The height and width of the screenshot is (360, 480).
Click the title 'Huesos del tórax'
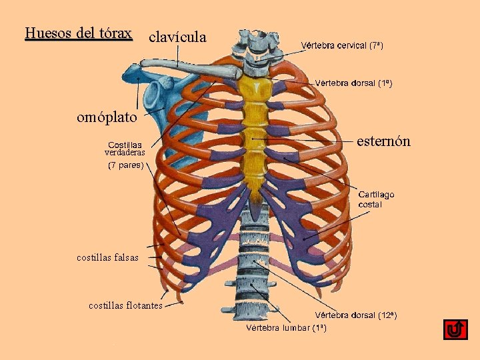pos(79,33)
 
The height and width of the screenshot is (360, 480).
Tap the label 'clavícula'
pos(177,36)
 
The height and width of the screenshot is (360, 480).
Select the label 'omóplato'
pos(107,117)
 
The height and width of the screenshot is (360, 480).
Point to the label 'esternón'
pos(383,141)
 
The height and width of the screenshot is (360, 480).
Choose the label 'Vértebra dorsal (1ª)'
pos(353,83)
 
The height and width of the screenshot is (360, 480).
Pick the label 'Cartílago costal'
pos(376,199)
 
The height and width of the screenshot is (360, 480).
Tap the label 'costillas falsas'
pos(107,257)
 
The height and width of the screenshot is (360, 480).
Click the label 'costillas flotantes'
pos(125,305)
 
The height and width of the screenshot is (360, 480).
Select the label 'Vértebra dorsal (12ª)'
pos(356,315)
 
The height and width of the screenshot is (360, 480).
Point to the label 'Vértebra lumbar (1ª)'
pos(286,327)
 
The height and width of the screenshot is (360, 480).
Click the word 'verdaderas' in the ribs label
pos(125,153)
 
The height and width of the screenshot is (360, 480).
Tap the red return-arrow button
pos(455,329)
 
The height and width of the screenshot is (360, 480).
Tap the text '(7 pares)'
pos(125,165)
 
